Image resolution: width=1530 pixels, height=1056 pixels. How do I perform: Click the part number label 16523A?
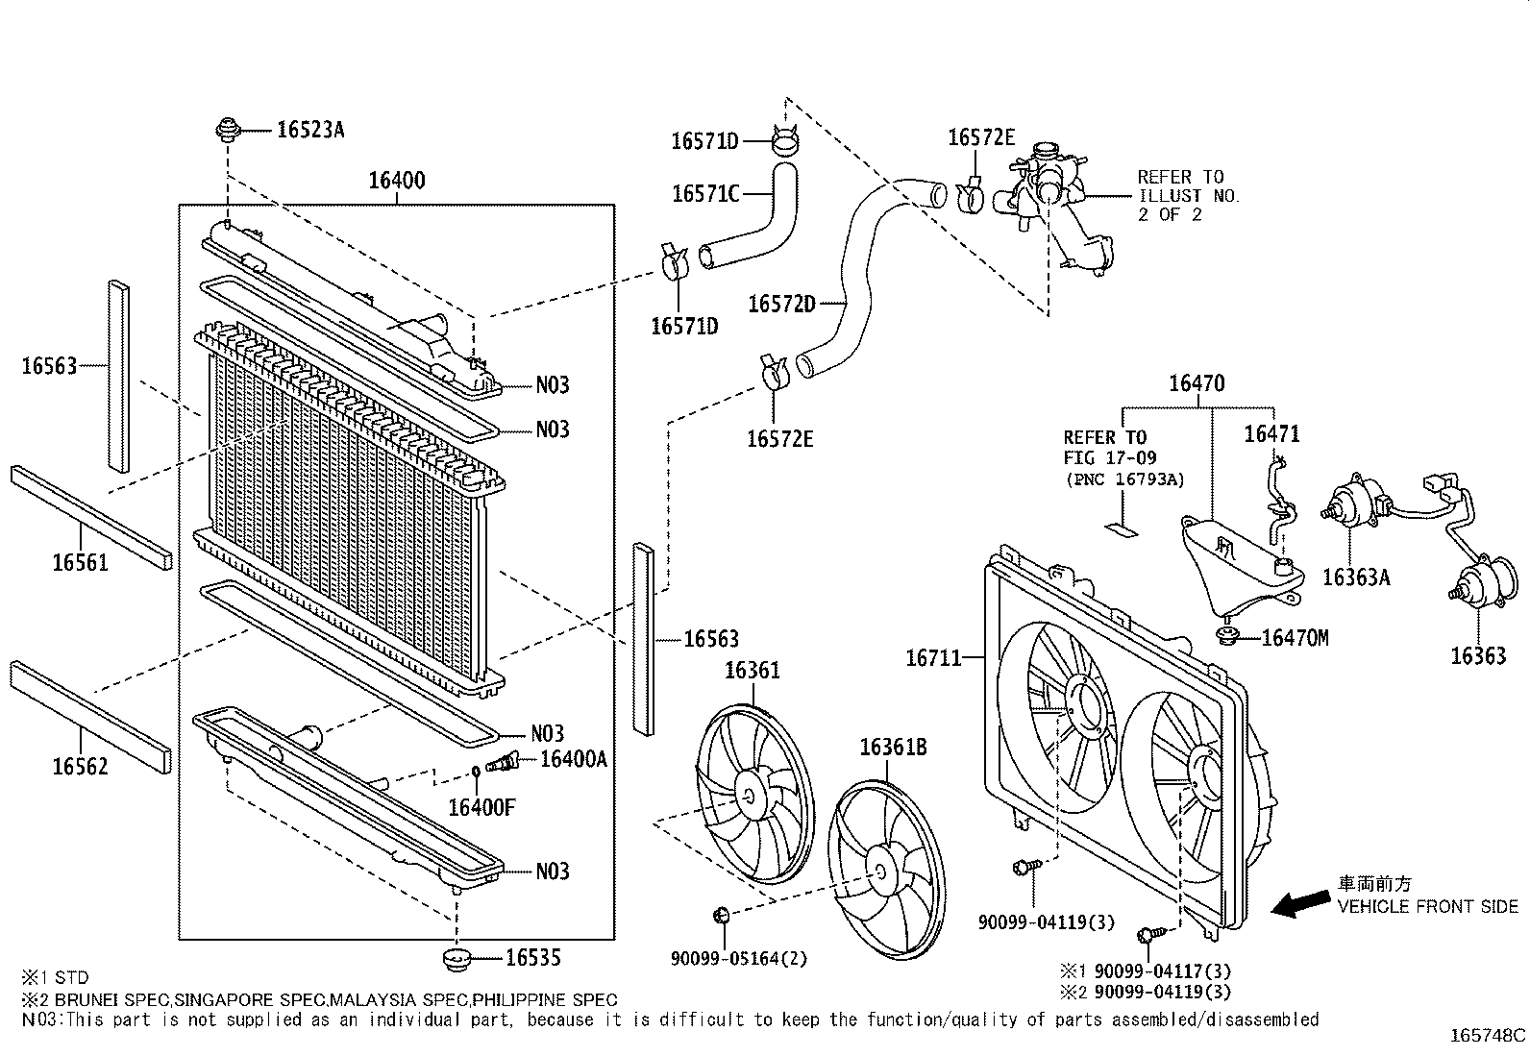309,130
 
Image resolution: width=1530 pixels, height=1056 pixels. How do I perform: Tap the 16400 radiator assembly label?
397,180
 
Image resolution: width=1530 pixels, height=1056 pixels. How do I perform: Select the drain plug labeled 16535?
457,958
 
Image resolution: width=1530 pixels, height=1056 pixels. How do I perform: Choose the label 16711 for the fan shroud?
933,658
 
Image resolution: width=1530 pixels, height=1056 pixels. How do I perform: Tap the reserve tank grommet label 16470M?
1294,637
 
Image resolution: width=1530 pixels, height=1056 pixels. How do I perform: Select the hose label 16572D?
781,304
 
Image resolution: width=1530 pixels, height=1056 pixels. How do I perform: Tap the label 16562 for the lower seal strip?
80,766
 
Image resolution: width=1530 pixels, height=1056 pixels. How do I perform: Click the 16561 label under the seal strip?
80,562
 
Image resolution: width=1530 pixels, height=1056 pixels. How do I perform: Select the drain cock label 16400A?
574,759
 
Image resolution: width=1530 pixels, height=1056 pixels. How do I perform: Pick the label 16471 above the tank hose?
1271,434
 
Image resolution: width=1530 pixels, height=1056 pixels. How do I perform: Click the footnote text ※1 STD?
55,978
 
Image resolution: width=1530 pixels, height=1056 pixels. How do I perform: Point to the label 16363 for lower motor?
1478,655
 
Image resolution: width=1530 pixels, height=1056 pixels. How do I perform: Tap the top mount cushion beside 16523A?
229,130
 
